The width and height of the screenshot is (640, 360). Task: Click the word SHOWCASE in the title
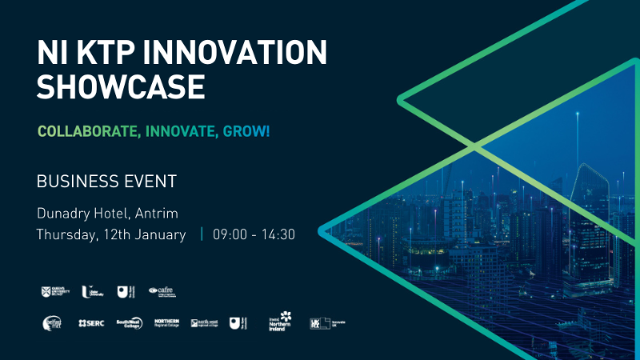coord(120,86)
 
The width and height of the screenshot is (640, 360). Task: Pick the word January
coord(162,234)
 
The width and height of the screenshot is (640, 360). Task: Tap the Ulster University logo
coord(90,292)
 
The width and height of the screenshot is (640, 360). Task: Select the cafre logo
coord(162,292)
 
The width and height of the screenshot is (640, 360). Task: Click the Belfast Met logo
coord(52,322)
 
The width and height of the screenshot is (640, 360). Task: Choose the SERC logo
coord(90,322)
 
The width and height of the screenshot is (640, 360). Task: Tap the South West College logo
coord(128,322)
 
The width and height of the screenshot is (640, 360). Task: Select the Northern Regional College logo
coord(166,322)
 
